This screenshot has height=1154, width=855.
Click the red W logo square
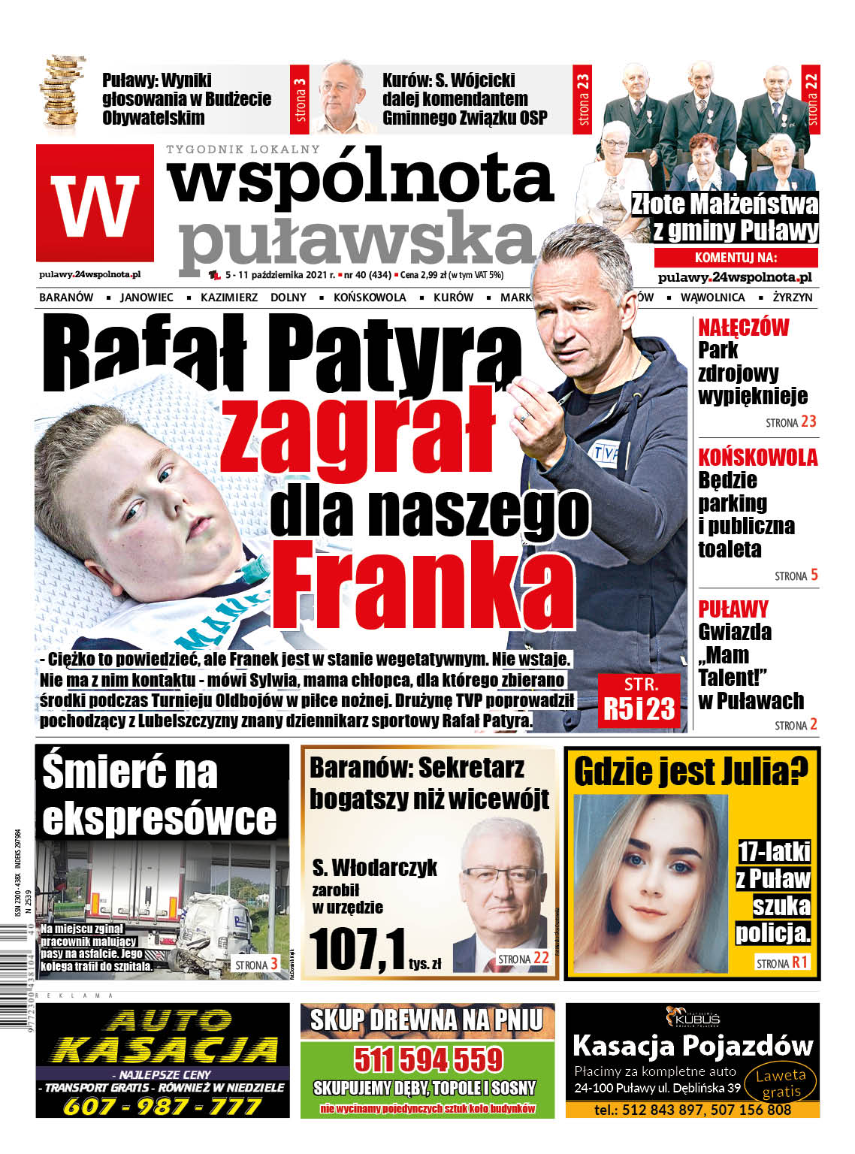95,204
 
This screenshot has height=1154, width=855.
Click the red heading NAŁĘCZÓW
743,328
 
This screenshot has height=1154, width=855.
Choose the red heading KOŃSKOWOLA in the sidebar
757,458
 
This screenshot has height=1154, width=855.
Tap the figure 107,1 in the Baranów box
357,950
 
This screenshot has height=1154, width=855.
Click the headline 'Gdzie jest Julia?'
691,771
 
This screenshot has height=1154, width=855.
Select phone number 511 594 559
427,1059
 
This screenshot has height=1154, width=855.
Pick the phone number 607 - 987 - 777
162,1106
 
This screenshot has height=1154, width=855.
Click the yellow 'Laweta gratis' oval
781,1083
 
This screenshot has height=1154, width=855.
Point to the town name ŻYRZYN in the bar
792,298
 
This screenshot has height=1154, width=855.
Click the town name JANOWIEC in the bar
147,298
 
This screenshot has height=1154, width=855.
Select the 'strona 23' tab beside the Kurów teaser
583,98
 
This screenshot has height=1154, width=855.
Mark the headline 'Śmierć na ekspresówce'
160,795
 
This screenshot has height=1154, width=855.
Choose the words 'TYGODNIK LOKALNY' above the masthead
243,150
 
